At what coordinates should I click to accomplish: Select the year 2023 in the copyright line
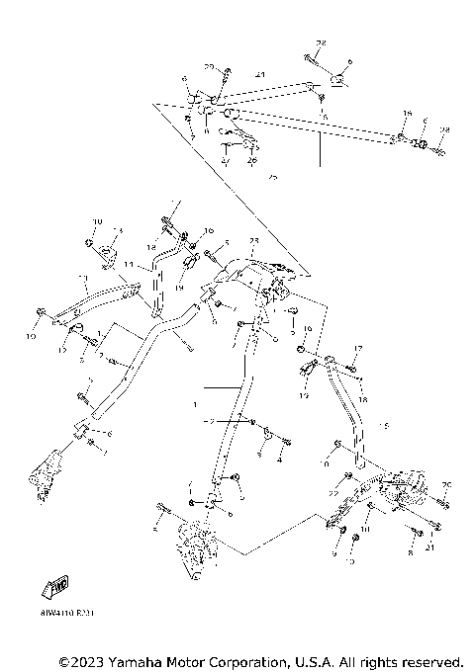point(85,660)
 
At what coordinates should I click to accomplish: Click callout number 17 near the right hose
point(359,349)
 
